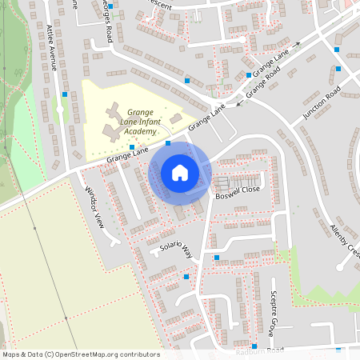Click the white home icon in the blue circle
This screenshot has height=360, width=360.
coord(179,172)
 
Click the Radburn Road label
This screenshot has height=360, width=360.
coord(260,351)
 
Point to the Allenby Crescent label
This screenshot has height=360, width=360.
coord(346,240)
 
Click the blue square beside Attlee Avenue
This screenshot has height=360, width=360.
coord(64,94)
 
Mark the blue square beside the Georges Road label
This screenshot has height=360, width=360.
coord(111,7)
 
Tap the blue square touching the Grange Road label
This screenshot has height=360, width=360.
coord(249,75)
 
